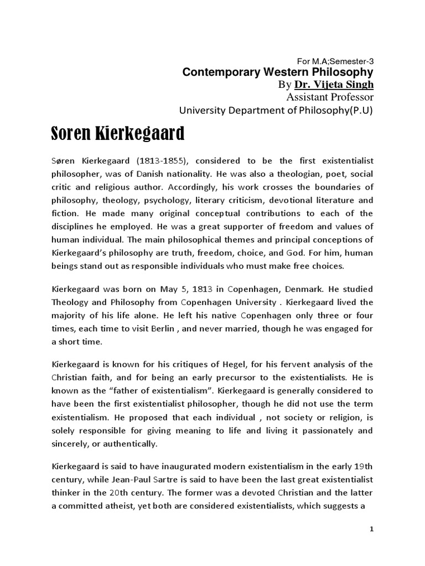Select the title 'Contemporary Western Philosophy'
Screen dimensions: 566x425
click(x=278, y=72)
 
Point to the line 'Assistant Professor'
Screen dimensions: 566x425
click(x=330, y=97)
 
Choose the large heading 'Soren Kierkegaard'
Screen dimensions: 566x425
click(x=118, y=134)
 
